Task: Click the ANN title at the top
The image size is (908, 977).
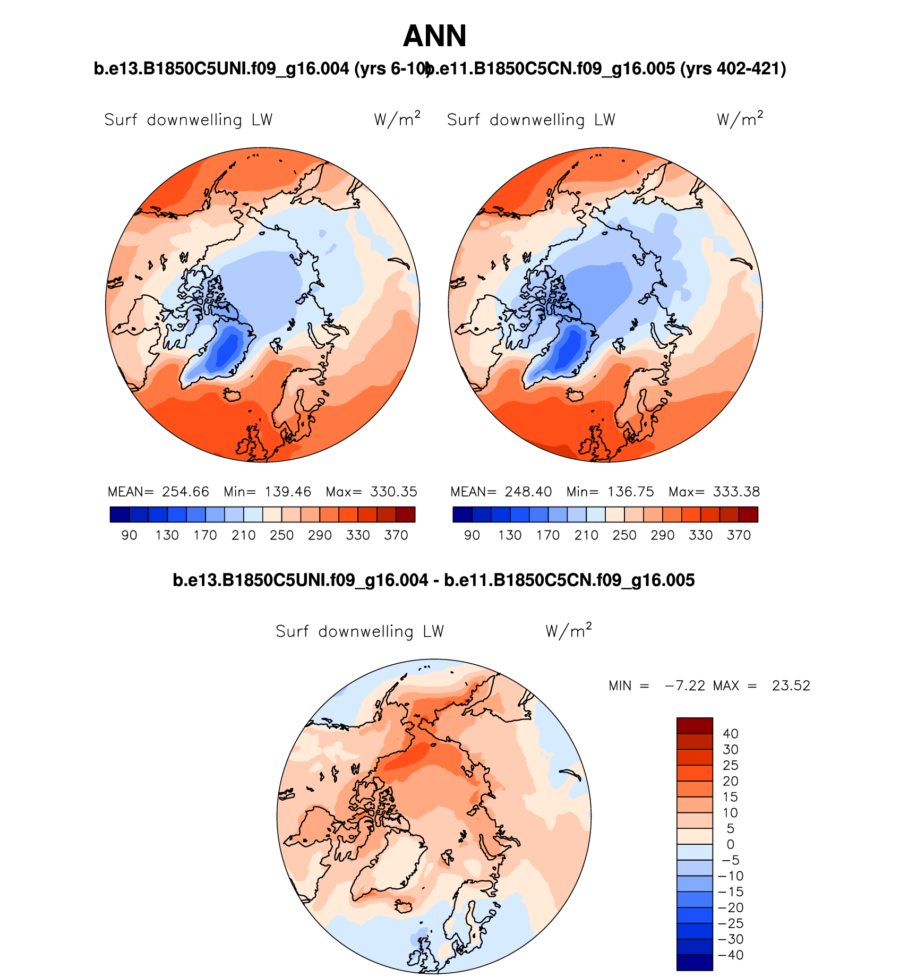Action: point(434,36)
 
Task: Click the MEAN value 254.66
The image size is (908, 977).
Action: point(185,492)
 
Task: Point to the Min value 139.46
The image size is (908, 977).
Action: point(288,492)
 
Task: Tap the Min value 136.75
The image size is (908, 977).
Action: point(631,492)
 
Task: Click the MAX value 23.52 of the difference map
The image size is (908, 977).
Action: point(791,685)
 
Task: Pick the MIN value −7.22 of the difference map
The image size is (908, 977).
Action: point(685,685)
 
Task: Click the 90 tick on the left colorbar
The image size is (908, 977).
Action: point(129,535)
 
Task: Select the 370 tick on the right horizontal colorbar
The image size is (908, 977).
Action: point(739,535)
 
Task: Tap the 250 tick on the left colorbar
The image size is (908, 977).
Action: point(281,535)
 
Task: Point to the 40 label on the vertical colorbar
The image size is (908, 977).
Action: point(731,734)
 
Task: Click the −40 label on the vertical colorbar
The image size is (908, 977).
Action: point(731,955)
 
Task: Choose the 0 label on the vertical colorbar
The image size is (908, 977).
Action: point(731,844)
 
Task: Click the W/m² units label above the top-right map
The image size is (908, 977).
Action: point(740,119)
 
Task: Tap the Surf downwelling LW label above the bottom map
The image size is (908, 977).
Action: point(359,631)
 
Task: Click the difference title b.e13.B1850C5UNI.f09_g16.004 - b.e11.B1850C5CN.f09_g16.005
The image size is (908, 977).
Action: point(433,580)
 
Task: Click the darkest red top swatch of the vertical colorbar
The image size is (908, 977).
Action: point(695,726)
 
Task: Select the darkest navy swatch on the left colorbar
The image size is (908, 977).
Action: point(119,515)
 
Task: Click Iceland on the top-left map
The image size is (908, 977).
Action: point(232,395)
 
